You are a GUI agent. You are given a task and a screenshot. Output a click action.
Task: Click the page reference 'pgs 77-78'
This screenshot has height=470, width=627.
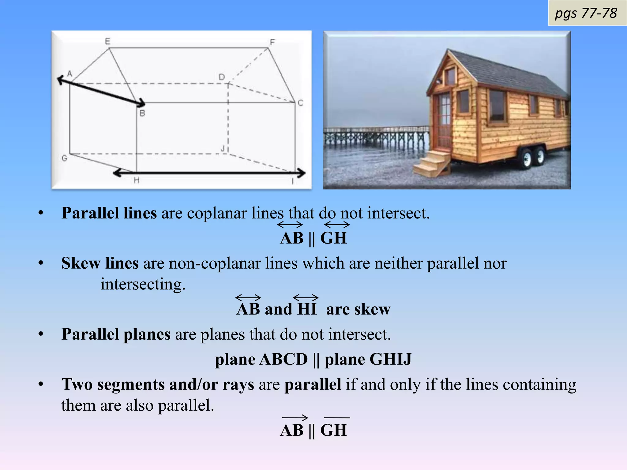tap(586, 13)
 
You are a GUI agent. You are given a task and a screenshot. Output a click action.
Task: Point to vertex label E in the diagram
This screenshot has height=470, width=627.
tap(107, 41)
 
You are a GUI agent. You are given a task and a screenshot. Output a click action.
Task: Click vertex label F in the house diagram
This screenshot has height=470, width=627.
tap(272, 42)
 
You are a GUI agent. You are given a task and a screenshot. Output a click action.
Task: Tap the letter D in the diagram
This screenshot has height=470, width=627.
tap(222, 77)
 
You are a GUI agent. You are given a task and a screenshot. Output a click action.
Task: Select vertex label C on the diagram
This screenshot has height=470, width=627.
tap(300, 103)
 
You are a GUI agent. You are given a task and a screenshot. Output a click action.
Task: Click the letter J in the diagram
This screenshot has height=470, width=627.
tap(223, 149)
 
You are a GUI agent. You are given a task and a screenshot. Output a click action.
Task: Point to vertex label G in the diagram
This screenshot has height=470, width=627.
tap(65, 158)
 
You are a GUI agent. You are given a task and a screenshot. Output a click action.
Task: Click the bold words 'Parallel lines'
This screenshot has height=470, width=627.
tap(109, 213)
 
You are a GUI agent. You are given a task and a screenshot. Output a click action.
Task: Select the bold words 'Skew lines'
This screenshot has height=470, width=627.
tap(100, 263)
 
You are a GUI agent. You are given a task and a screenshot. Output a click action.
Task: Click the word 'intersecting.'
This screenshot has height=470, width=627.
tap(143, 284)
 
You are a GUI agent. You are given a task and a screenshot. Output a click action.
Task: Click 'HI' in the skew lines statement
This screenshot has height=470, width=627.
tap(306, 308)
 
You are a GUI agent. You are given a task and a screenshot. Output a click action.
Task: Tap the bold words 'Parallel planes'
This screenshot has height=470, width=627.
tap(116, 334)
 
